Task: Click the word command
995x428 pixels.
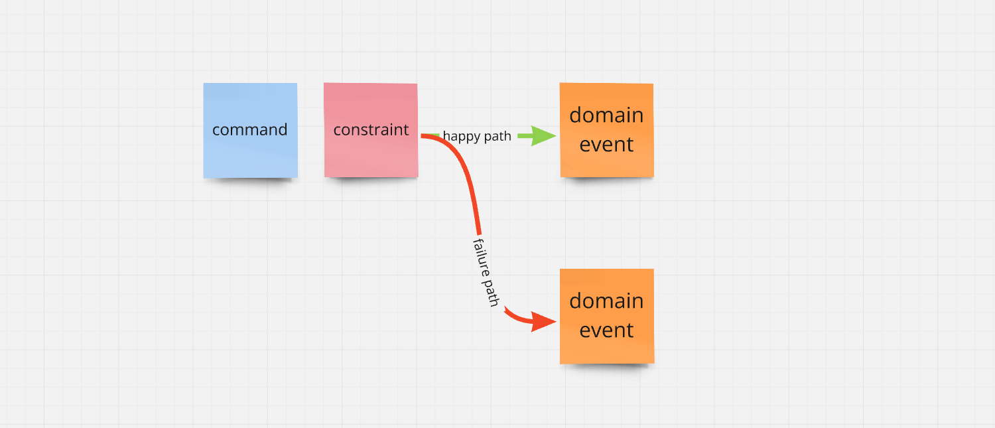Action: tap(249, 129)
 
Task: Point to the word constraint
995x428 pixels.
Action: tap(371, 129)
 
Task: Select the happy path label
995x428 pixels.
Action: tap(477, 136)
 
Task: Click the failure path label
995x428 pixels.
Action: tap(486, 271)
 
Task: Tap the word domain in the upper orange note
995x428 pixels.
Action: tap(606, 115)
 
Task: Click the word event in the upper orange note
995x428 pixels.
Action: tap(606, 144)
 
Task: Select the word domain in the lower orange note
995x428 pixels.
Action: tap(606, 301)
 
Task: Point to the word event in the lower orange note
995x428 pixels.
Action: tap(606, 330)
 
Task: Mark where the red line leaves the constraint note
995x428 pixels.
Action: tap(422, 135)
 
